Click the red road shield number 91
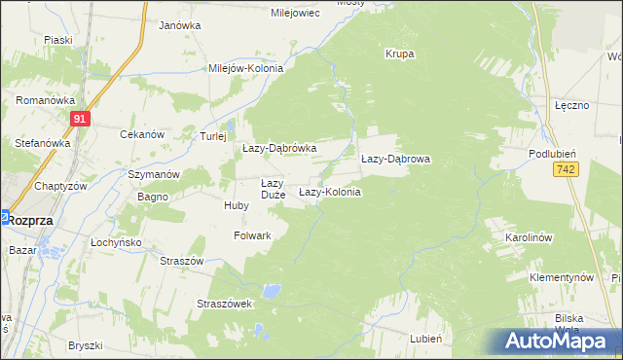(81, 119)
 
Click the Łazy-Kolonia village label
(329, 193)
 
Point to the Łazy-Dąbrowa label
(395, 158)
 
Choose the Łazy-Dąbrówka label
(280, 148)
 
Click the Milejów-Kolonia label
(245, 69)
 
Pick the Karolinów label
(529, 237)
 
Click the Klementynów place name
(562, 277)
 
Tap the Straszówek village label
(225, 304)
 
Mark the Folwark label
(252, 235)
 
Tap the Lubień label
(427, 338)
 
